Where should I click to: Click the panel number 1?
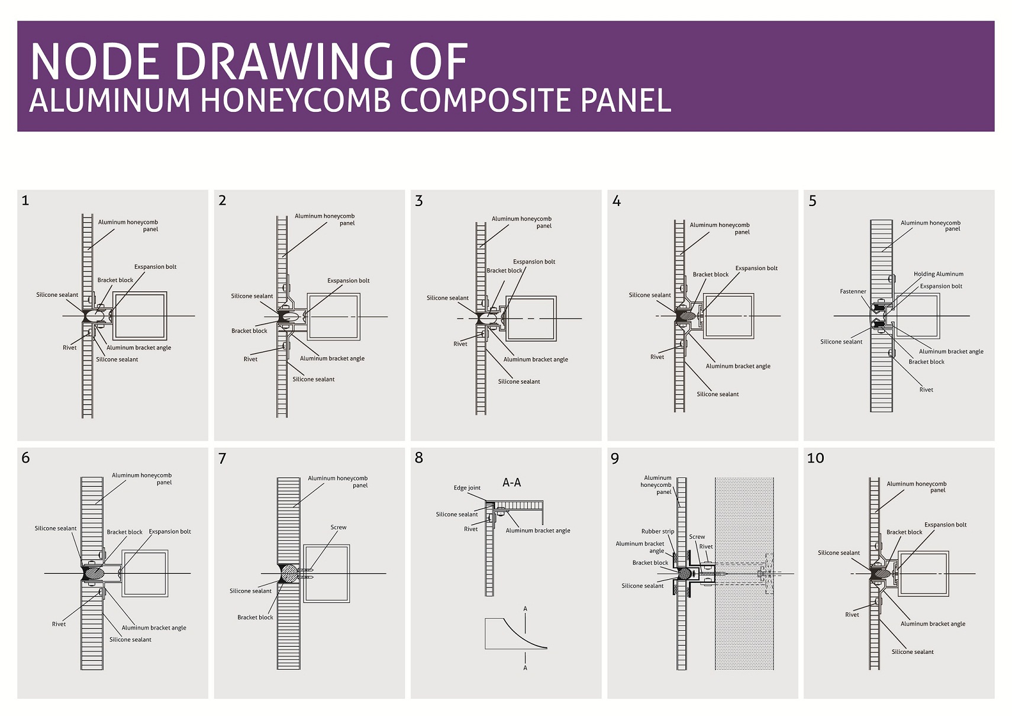pos(25,200)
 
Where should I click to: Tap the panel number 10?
pos(816,458)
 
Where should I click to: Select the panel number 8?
pos(419,458)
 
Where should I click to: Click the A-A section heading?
pos(511,483)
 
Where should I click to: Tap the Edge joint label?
pos(467,488)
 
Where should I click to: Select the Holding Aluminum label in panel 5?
pos(939,274)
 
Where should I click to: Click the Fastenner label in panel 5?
pos(853,291)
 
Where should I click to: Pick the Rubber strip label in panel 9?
pos(658,532)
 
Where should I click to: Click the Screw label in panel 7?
pos(339,527)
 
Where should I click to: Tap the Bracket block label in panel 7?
pos(255,618)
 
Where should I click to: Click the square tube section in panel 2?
pos(333,316)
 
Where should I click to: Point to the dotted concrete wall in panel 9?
pos(744,573)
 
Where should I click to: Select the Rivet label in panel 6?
pos(59,624)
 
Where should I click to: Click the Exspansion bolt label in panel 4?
pos(756,268)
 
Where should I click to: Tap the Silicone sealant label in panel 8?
pos(457,515)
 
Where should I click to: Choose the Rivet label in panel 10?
pos(852,615)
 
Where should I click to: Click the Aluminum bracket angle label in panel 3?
pos(536,360)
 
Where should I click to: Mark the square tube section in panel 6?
pos(145,573)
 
